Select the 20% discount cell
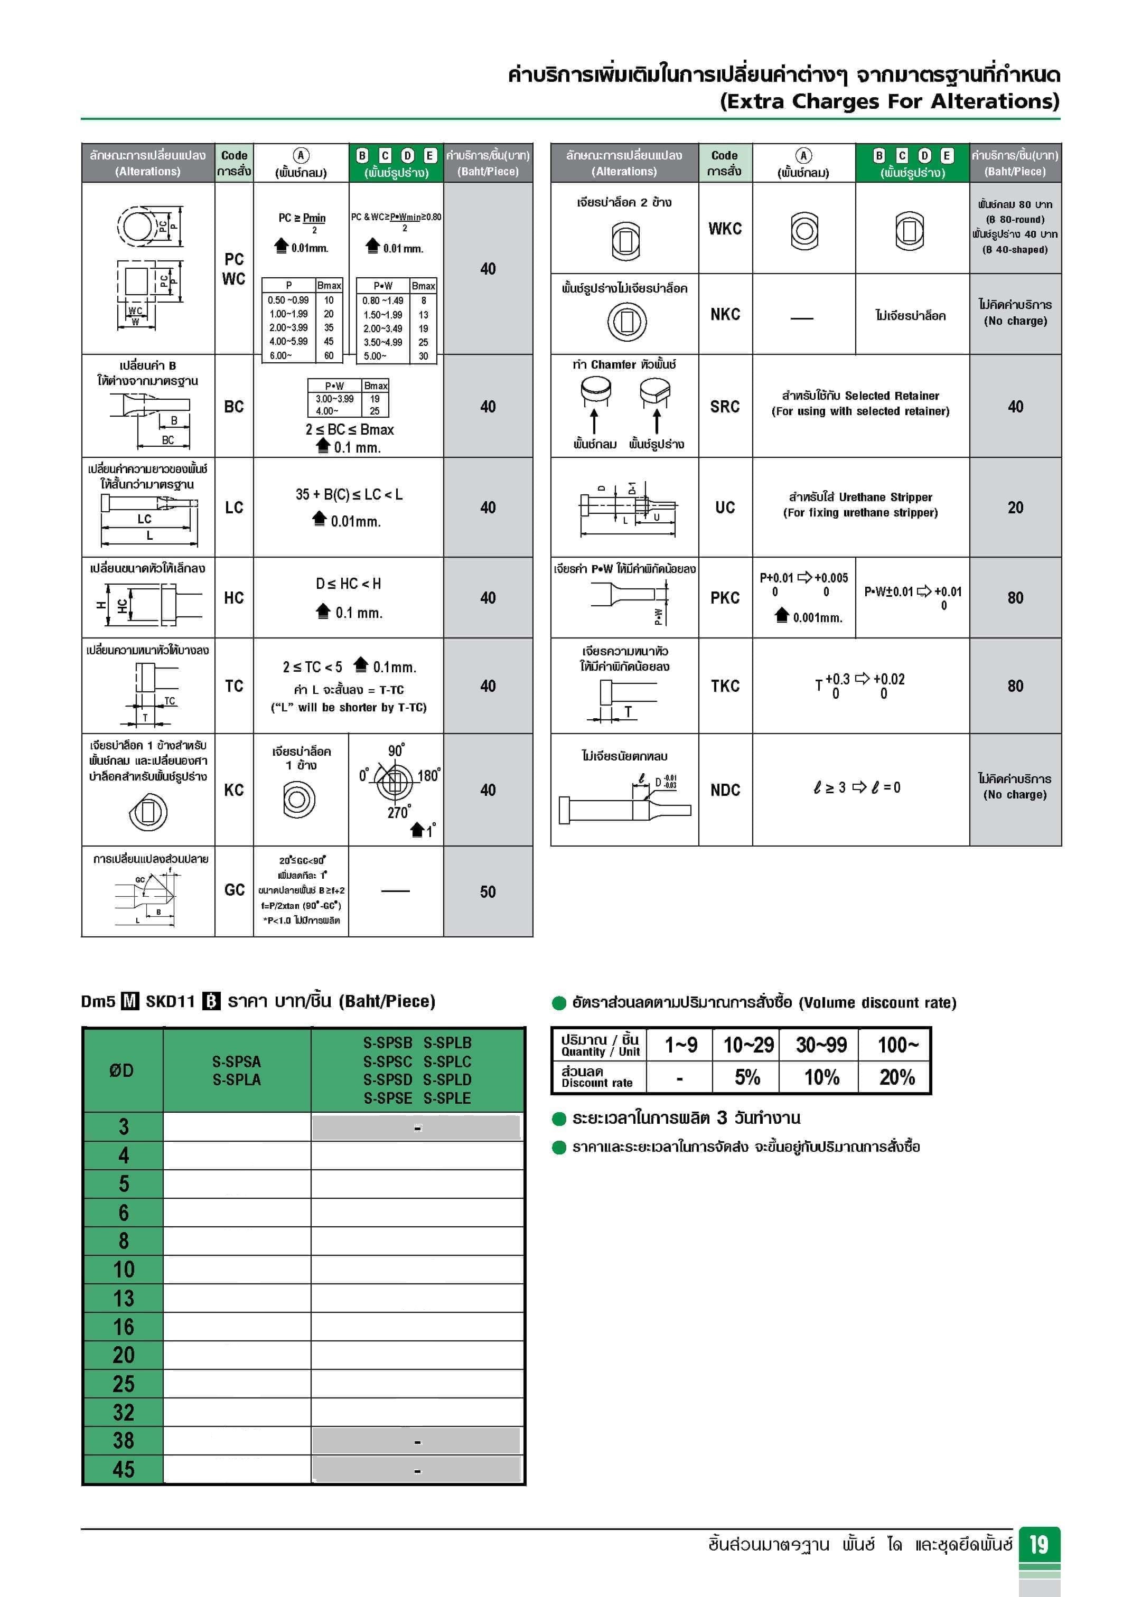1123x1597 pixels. (896, 1077)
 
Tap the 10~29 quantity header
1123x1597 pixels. (748, 1045)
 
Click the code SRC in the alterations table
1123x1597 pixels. (724, 407)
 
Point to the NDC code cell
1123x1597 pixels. (724, 790)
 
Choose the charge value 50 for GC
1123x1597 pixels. (488, 891)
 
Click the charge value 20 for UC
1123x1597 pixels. (1015, 508)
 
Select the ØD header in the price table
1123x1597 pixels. (122, 1070)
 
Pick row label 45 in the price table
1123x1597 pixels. (124, 1470)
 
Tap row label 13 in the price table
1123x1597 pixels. (124, 1298)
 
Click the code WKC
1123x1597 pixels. (724, 229)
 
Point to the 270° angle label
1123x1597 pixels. (399, 812)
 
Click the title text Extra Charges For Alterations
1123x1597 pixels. (889, 101)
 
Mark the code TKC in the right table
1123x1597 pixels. (724, 687)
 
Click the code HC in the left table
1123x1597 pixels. (234, 598)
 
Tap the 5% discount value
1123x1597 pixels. (747, 1077)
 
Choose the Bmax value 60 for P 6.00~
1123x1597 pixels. (329, 355)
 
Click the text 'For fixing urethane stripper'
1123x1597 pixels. (860, 513)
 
